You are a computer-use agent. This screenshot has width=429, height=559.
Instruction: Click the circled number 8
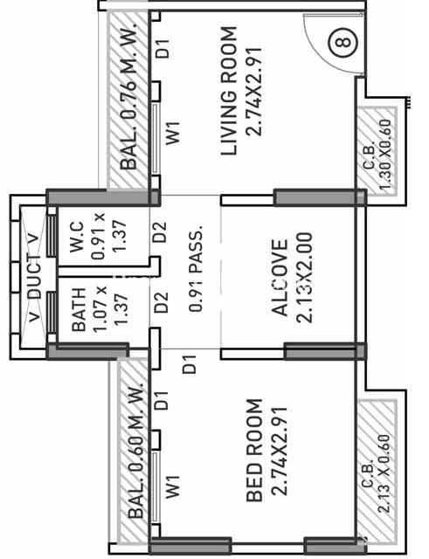click(343, 43)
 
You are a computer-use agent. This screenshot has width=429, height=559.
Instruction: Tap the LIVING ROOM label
click(229, 91)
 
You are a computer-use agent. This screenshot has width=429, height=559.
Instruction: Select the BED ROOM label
click(254, 451)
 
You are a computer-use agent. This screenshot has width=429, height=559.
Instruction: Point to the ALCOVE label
click(280, 278)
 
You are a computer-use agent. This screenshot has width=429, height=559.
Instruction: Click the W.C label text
click(77, 237)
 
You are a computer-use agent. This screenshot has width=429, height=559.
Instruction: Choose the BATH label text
click(79, 309)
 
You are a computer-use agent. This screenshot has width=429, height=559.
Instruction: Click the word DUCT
click(35, 277)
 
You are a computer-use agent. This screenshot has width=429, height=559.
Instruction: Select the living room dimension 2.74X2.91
click(254, 91)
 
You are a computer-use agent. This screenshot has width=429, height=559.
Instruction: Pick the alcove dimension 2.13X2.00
click(304, 278)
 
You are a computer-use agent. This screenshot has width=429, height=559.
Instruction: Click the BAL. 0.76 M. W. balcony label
click(128, 96)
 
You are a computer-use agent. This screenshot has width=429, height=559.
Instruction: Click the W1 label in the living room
click(174, 134)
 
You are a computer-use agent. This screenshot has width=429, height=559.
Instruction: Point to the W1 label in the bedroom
click(174, 487)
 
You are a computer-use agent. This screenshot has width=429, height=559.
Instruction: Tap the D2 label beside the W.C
click(160, 231)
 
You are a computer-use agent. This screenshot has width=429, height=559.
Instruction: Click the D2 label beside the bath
click(161, 303)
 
